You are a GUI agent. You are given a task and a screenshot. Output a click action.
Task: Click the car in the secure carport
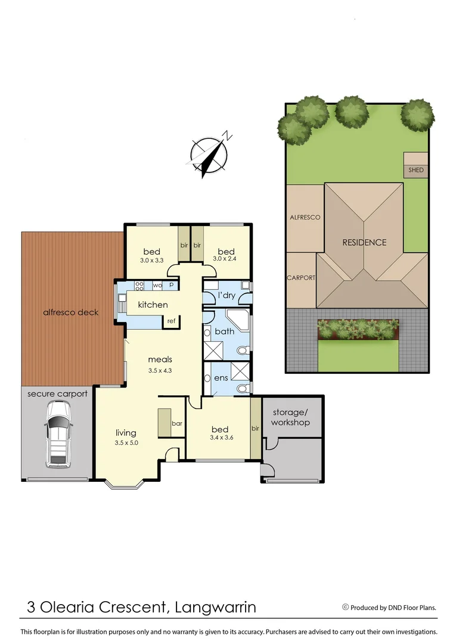(57, 433)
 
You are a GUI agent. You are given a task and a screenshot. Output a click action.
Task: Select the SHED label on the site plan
(416, 170)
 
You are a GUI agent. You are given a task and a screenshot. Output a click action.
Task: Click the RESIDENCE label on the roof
(364, 242)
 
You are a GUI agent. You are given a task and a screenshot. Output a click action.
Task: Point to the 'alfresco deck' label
(70, 312)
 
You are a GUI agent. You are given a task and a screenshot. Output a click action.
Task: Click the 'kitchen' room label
(153, 305)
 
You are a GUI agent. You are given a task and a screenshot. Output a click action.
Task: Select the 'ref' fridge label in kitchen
(171, 321)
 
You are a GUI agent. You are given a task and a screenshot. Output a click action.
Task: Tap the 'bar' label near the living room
(176, 423)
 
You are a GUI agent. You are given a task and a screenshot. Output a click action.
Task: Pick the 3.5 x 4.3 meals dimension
(160, 370)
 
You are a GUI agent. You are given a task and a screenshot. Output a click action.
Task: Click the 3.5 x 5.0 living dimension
(126, 443)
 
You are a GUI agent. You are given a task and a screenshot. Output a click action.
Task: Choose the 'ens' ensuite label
(220, 378)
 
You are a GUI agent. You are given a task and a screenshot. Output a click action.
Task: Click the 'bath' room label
(225, 331)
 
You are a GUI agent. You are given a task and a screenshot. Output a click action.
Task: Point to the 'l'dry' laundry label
(227, 295)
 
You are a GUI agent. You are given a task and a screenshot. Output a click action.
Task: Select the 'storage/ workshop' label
(291, 417)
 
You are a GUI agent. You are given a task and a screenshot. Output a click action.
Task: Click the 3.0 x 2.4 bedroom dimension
(226, 260)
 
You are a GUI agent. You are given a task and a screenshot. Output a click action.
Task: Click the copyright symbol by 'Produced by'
(345, 608)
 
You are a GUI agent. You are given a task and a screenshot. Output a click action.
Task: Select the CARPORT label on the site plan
(301, 278)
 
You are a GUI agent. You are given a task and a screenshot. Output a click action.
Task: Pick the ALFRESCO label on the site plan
(305, 218)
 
